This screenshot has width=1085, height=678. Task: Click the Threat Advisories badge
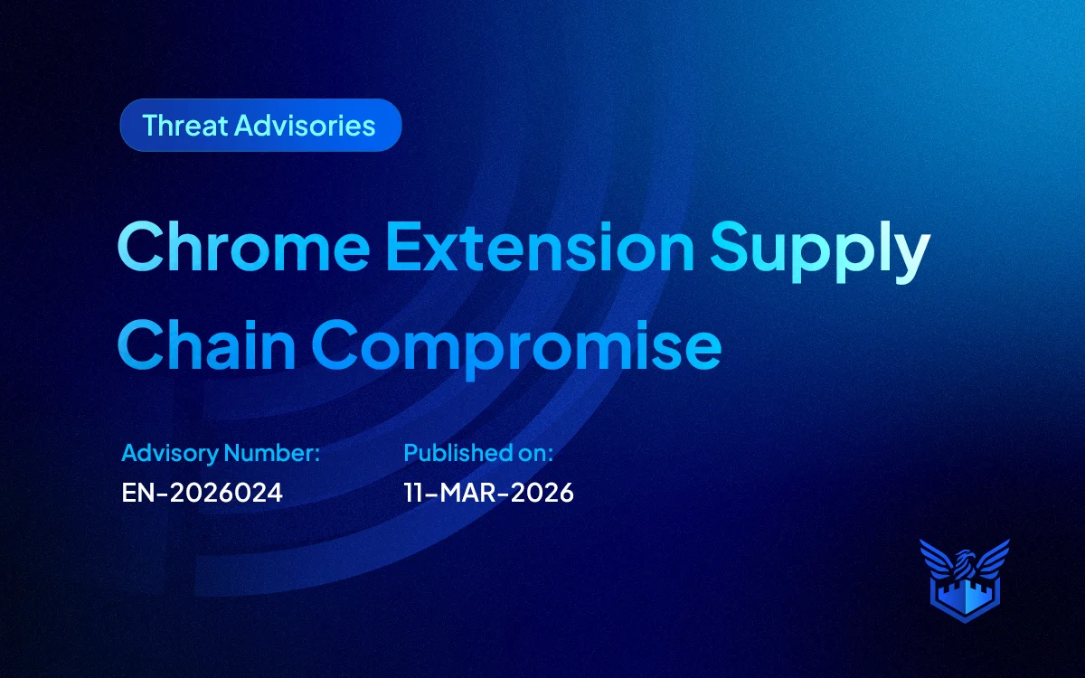(260, 125)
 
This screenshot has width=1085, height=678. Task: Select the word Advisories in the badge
(305, 125)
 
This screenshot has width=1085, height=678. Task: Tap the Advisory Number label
(221, 452)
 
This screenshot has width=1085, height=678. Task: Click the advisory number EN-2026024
(203, 493)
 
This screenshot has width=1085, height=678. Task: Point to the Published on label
(478, 452)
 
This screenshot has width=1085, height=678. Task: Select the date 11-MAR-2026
(488, 493)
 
